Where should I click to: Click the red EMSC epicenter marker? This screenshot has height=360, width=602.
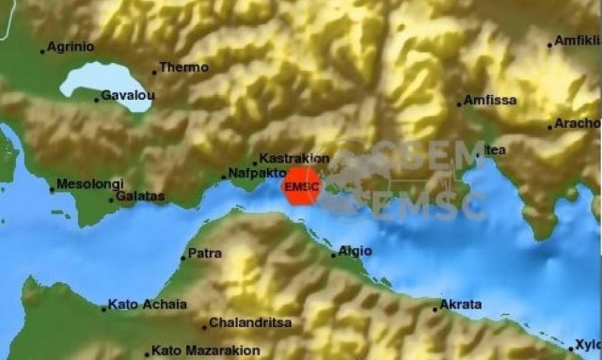[302, 186]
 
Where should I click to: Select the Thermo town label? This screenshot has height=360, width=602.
[183, 68]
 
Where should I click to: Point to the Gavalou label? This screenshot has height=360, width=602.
[127, 97]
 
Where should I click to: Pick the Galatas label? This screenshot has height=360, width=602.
[141, 196]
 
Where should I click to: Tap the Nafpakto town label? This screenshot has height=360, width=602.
[254, 174]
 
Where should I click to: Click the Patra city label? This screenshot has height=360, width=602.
[205, 254]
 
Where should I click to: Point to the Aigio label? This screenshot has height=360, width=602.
[356, 251]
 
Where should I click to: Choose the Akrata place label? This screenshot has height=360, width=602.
[462, 305]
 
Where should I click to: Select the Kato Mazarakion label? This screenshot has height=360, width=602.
[198, 352]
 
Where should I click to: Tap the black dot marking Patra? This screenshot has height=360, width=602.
[183, 258]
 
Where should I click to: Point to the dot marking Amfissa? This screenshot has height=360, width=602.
[459, 103]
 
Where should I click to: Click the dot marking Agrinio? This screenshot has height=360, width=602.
[42, 51]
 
